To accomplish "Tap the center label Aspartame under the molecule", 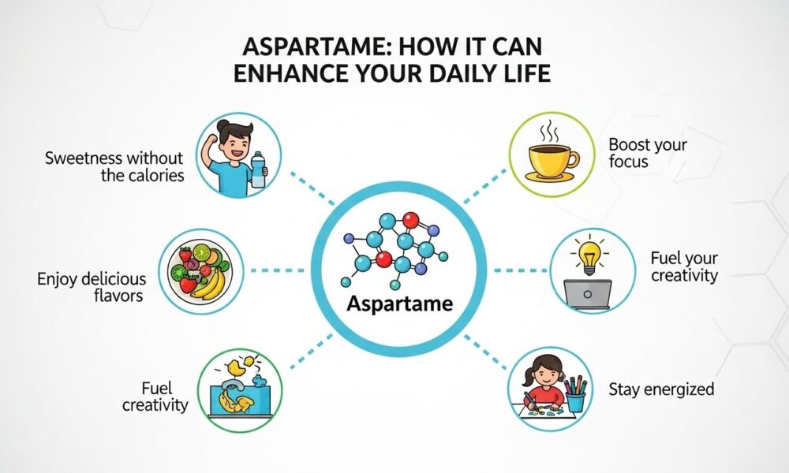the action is pos(400,304).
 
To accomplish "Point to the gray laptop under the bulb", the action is pos(587,294).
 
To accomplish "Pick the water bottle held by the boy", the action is pos(258,169).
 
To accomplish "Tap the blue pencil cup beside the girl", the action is pos(576,401).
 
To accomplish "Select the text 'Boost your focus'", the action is pos(647,153).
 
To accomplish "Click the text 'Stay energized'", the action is pos(661,389).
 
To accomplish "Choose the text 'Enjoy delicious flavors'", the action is pos(92,286).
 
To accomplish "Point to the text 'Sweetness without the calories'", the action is pos(114,166).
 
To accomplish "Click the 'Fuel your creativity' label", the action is pos(684,267).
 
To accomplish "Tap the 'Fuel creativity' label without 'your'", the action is pos(155,396).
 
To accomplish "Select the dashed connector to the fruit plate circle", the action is pos(277,270).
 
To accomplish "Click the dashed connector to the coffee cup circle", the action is pos(485,187).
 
